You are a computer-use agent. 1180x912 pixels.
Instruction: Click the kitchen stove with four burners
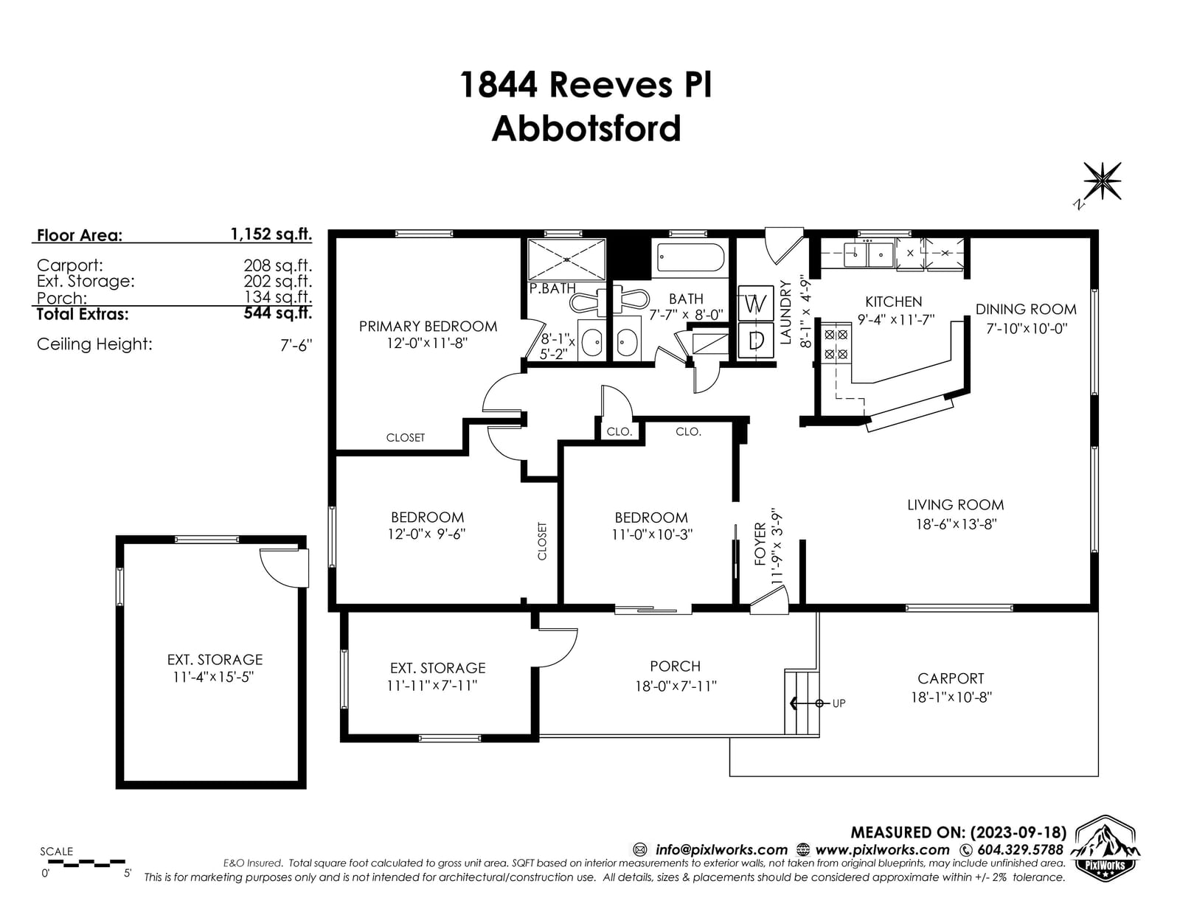click(x=836, y=344)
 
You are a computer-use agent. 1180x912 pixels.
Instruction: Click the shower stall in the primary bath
click(x=566, y=259)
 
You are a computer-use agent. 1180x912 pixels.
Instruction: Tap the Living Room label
click(x=955, y=505)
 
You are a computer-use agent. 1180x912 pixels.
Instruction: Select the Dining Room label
click(x=1025, y=310)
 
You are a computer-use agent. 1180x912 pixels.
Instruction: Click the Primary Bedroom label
click(x=428, y=326)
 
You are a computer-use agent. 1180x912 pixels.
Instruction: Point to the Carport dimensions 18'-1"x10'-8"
click(x=951, y=697)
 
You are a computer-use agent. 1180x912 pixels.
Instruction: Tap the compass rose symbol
click(x=1102, y=181)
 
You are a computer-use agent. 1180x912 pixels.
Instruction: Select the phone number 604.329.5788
click(x=1021, y=850)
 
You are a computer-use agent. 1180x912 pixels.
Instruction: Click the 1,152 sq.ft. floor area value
click(x=271, y=234)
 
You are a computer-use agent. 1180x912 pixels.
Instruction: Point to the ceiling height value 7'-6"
click(x=296, y=344)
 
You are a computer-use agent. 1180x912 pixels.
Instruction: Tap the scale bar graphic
click(x=83, y=862)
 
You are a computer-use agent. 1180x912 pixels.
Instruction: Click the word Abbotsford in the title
click(x=586, y=129)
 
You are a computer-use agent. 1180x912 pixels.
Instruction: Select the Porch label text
click(x=675, y=666)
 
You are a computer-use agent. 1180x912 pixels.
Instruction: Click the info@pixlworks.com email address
click(x=721, y=850)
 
